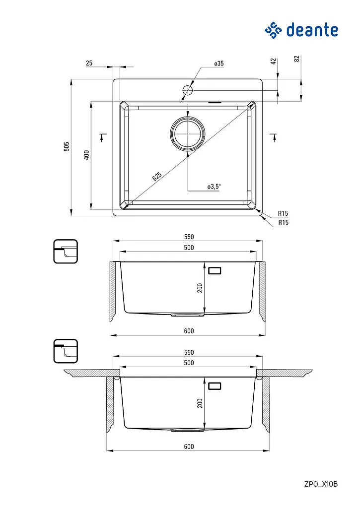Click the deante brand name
[x=312, y=30]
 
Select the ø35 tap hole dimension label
[x=219, y=63]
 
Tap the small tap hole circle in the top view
[x=188, y=90]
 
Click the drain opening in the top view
[x=188, y=133]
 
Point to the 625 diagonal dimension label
[x=157, y=176]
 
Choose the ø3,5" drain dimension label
[x=214, y=187]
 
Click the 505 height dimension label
[x=67, y=146]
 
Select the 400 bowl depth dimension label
[x=86, y=155]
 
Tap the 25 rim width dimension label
[x=89, y=63]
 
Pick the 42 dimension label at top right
[x=274, y=61]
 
